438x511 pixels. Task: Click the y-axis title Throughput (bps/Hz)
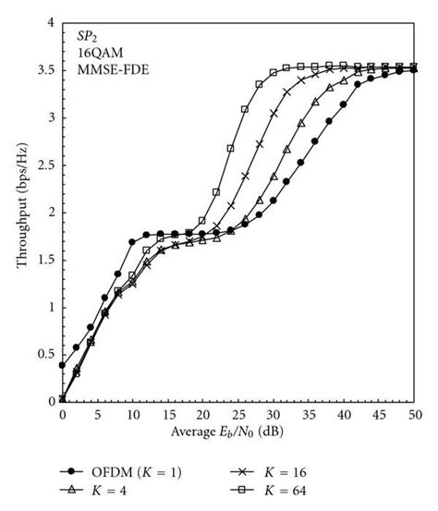(20, 212)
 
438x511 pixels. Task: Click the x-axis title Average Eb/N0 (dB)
(237, 432)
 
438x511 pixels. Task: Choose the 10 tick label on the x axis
(132, 415)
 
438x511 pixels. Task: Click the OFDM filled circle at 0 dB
(62, 365)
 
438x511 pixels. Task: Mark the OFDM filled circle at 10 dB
(132, 242)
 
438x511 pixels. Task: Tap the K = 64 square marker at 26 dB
(245, 109)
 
